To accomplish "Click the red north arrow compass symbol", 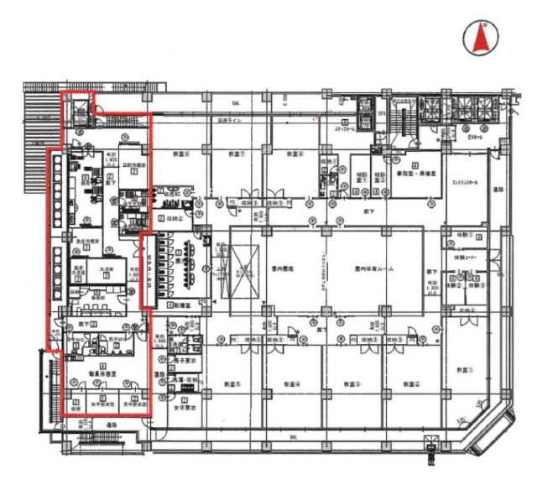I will [482, 39].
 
